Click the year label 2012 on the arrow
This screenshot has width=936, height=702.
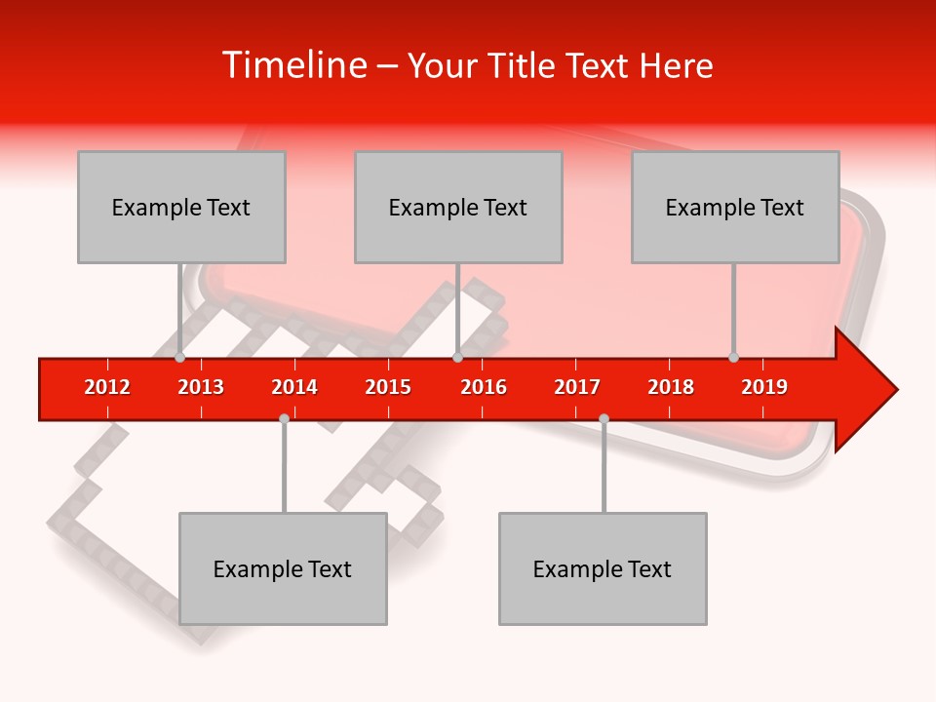coord(107,387)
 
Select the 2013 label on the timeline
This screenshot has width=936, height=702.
coord(201,387)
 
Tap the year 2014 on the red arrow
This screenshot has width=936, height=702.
coord(294,387)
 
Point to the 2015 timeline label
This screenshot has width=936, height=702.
coord(388,387)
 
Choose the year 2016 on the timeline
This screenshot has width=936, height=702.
coord(484,387)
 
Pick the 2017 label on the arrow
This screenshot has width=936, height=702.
coord(577,387)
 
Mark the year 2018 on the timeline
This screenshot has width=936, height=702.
coord(671,387)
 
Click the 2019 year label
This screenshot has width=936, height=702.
coord(764,387)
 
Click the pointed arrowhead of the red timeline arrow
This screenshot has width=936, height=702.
coord(873,390)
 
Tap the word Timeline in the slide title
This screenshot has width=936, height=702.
coord(292,65)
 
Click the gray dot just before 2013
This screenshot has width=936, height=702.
coord(179,358)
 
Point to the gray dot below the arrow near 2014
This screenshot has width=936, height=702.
coord(284,418)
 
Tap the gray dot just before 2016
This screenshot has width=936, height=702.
coord(457,358)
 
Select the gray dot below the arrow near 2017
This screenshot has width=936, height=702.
coord(604,418)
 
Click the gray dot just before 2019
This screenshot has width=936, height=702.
coord(733,358)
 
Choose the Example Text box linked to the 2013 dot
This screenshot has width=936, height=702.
coord(181,207)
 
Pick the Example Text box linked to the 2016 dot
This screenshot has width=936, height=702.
coord(458,207)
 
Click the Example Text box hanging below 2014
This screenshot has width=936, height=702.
coord(283,568)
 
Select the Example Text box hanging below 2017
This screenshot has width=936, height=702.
coord(603,568)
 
